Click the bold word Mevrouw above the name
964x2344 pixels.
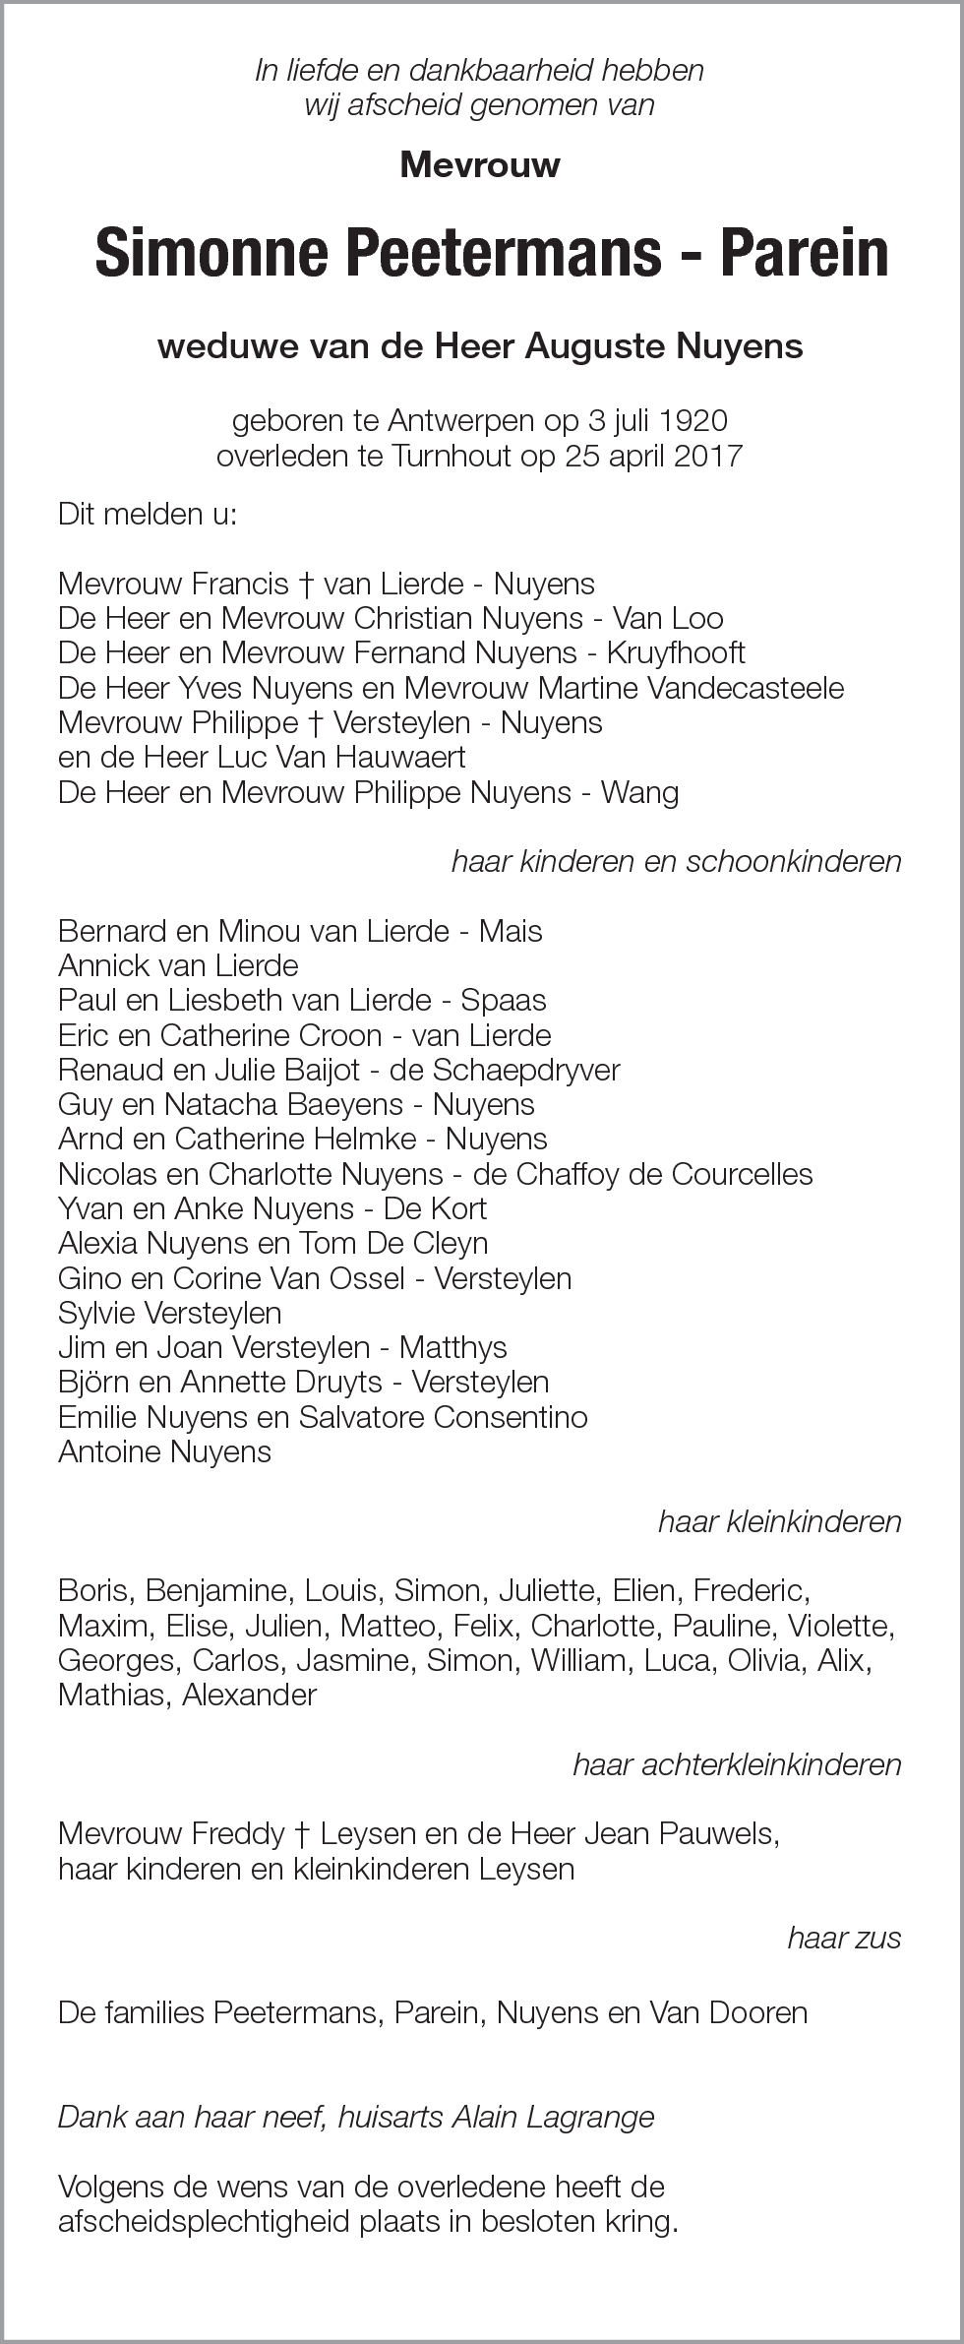480,164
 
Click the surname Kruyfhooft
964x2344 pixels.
676,652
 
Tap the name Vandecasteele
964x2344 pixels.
745,688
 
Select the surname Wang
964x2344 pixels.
640,792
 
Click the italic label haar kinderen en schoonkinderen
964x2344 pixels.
676,861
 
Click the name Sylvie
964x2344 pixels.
96,1313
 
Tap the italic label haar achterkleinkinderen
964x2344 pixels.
737,1764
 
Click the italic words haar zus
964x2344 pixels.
844,1938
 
